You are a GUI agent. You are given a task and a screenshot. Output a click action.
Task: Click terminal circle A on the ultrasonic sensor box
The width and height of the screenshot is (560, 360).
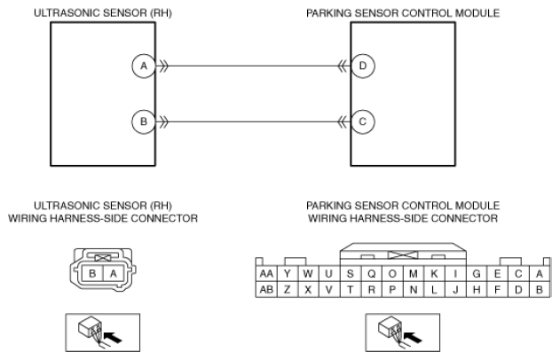coord(144,66)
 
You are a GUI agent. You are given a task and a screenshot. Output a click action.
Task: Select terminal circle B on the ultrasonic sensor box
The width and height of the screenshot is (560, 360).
coord(144,122)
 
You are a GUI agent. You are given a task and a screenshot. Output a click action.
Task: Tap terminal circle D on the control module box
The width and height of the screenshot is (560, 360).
coord(363,66)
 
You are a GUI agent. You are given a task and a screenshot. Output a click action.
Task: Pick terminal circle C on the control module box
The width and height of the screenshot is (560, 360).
coord(363,122)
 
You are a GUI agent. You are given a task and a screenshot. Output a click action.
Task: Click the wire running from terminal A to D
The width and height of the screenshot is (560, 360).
coord(253,66)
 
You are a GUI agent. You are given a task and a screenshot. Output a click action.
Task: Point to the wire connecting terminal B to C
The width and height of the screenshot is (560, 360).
coord(253,122)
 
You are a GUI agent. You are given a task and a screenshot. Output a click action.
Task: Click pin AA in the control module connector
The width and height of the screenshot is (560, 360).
coord(266,274)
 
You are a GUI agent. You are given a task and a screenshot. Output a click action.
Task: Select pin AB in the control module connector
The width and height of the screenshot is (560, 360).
coord(266,289)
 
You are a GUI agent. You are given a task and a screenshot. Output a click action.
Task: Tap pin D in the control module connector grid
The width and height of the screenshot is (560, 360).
coord(518,289)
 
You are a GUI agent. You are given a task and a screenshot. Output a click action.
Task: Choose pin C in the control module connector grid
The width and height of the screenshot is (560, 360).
coord(518,274)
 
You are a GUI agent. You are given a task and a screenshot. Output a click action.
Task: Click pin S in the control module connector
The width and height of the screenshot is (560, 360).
coord(351,274)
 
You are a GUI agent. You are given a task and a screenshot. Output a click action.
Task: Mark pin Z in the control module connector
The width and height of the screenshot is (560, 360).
coord(288,289)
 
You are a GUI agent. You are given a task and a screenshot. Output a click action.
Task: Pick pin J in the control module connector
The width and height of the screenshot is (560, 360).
coord(455,289)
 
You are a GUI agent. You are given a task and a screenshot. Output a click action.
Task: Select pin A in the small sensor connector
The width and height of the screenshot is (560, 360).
coord(114,274)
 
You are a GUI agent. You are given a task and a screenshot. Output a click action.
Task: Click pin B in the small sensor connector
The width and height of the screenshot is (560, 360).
coord(92,274)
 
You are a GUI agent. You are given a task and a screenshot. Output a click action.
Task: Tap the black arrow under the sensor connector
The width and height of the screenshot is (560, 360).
coord(113,337)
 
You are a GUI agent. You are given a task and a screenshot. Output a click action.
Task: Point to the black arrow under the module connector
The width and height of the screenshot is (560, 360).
coord(413,337)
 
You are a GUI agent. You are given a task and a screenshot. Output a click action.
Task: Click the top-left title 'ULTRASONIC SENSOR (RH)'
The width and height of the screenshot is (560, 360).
coord(103,13)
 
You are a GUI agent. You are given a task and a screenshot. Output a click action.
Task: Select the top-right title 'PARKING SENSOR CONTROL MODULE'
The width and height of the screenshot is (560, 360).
coord(403,13)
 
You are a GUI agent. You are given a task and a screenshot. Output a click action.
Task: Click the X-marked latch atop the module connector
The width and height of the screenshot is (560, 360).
coord(403,254)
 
